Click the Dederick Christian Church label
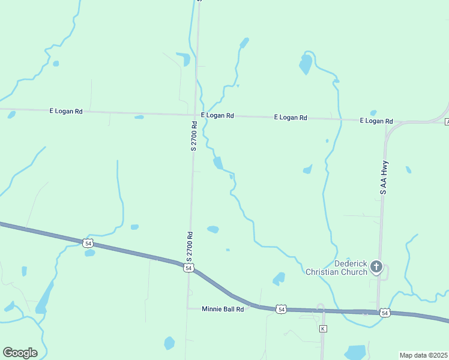(x=336, y=268)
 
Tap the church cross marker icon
(x=376, y=266)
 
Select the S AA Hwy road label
(x=383, y=177)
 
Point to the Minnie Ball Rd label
(x=223, y=309)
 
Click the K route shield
(x=323, y=329)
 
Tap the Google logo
(x=20, y=353)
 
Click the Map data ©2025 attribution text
(x=423, y=355)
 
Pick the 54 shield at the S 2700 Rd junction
(x=188, y=268)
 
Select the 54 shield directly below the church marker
(x=385, y=313)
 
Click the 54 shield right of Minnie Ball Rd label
(x=281, y=309)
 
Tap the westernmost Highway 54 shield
(x=88, y=243)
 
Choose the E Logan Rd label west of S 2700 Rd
(x=65, y=111)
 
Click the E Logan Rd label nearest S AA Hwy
(x=376, y=121)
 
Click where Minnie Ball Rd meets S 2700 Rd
(x=187, y=308)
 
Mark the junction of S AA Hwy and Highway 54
(x=378, y=312)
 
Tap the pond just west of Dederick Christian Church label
(x=279, y=278)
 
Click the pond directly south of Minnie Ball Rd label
(x=169, y=343)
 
